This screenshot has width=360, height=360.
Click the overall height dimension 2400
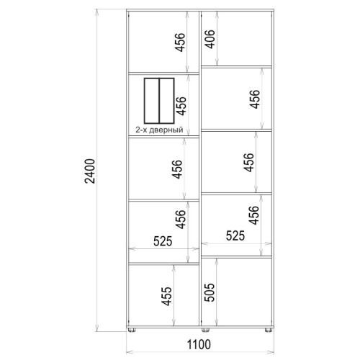90,171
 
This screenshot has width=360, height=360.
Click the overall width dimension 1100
199,344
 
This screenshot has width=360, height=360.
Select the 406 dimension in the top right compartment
210,39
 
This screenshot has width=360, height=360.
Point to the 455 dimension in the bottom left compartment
166,296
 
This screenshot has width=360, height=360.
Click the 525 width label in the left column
163,241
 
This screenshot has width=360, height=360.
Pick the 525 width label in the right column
235,235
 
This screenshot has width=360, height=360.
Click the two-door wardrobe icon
159,100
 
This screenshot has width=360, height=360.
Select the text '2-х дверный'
159,130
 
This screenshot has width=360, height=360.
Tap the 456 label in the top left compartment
180,42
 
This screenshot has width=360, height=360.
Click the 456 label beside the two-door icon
181,106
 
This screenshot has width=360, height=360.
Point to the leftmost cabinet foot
131,330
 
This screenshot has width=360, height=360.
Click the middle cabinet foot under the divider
205,330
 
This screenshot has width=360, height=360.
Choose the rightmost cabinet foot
269,330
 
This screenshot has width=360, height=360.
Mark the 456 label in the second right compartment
254,99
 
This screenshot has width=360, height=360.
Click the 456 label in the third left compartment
177,169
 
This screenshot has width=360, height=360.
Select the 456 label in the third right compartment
248,163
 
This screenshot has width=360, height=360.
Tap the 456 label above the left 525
180,219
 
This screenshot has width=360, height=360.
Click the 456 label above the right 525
253,215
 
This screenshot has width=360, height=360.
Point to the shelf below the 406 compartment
236,67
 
